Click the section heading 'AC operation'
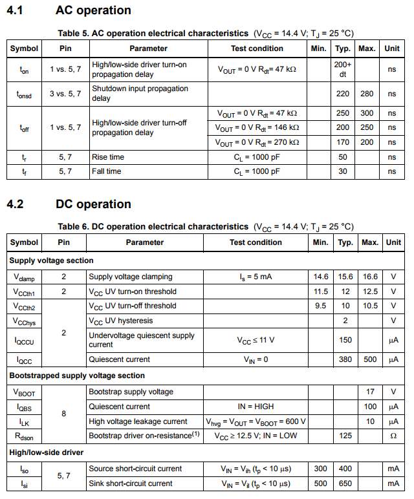click(x=93, y=10)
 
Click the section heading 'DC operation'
click(x=93, y=204)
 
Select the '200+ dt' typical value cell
click(x=343, y=69)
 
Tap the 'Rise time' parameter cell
click(x=108, y=157)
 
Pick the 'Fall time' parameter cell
click(x=107, y=171)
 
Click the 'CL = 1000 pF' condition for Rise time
click(x=257, y=157)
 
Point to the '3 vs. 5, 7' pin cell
click(x=65, y=94)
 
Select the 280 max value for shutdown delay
click(x=367, y=94)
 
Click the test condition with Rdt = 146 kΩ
click(x=257, y=127)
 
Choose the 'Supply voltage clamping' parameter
click(x=131, y=277)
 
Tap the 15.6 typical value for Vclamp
click(x=345, y=277)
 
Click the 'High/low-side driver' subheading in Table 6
click(x=47, y=452)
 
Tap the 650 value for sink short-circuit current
click(x=345, y=483)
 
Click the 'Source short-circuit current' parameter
click(x=135, y=469)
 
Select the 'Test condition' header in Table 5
click(x=257, y=48)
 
